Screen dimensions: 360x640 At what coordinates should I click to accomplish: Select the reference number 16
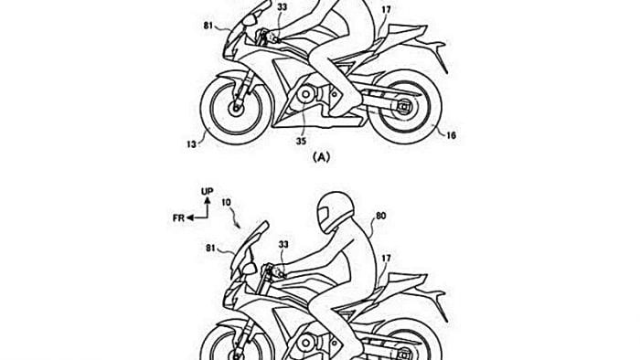(452, 135)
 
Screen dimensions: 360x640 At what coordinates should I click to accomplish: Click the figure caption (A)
(320, 158)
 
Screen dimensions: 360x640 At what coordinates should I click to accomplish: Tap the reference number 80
(381, 217)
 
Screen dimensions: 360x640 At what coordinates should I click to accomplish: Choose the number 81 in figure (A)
(208, 26)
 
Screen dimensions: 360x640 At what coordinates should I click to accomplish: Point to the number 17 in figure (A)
(387, 12)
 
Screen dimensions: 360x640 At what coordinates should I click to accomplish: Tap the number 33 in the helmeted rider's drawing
(283, 245)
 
